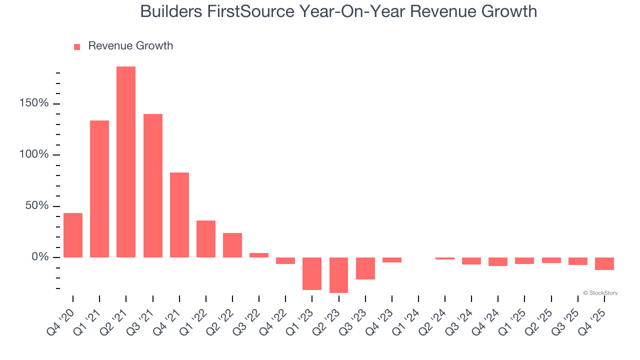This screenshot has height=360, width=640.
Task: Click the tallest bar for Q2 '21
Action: [x=126, y=162]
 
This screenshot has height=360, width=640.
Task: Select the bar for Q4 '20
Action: [x=73, y=235]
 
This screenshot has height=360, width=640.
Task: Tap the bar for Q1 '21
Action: [x=99, y=189]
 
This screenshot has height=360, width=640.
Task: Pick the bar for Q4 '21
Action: [x=179, y=215]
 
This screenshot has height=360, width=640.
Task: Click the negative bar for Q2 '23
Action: [x=338, y=275]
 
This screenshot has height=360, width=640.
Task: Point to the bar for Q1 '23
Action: [x=312, y=273]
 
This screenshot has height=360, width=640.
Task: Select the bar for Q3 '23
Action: [x=365, y=268]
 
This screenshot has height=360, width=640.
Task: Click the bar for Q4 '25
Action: [x=604, y=263]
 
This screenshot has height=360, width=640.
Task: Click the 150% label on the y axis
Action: [x=33, y=103]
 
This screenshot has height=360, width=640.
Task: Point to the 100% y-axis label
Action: [x=33, y=154]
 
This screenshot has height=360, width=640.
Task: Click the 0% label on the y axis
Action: [x=40, y=257]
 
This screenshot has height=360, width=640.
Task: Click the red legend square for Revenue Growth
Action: [x=77, y=46]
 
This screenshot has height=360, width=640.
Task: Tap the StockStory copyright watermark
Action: [x=600, y=293]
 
